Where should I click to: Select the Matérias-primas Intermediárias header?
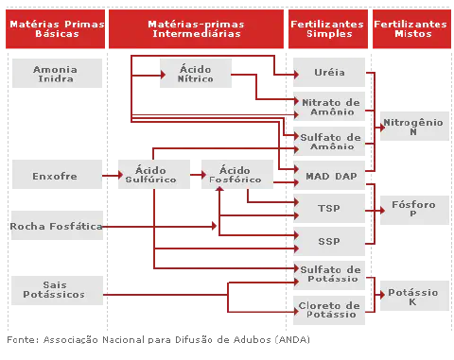196,27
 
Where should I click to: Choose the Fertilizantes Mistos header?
411,27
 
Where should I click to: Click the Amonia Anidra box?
56,74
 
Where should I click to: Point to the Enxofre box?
55,175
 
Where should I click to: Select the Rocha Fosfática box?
56,227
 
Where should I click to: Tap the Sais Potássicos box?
54,289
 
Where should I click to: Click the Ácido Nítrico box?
196,74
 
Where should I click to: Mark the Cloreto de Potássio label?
328,309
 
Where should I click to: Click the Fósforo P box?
412,209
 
